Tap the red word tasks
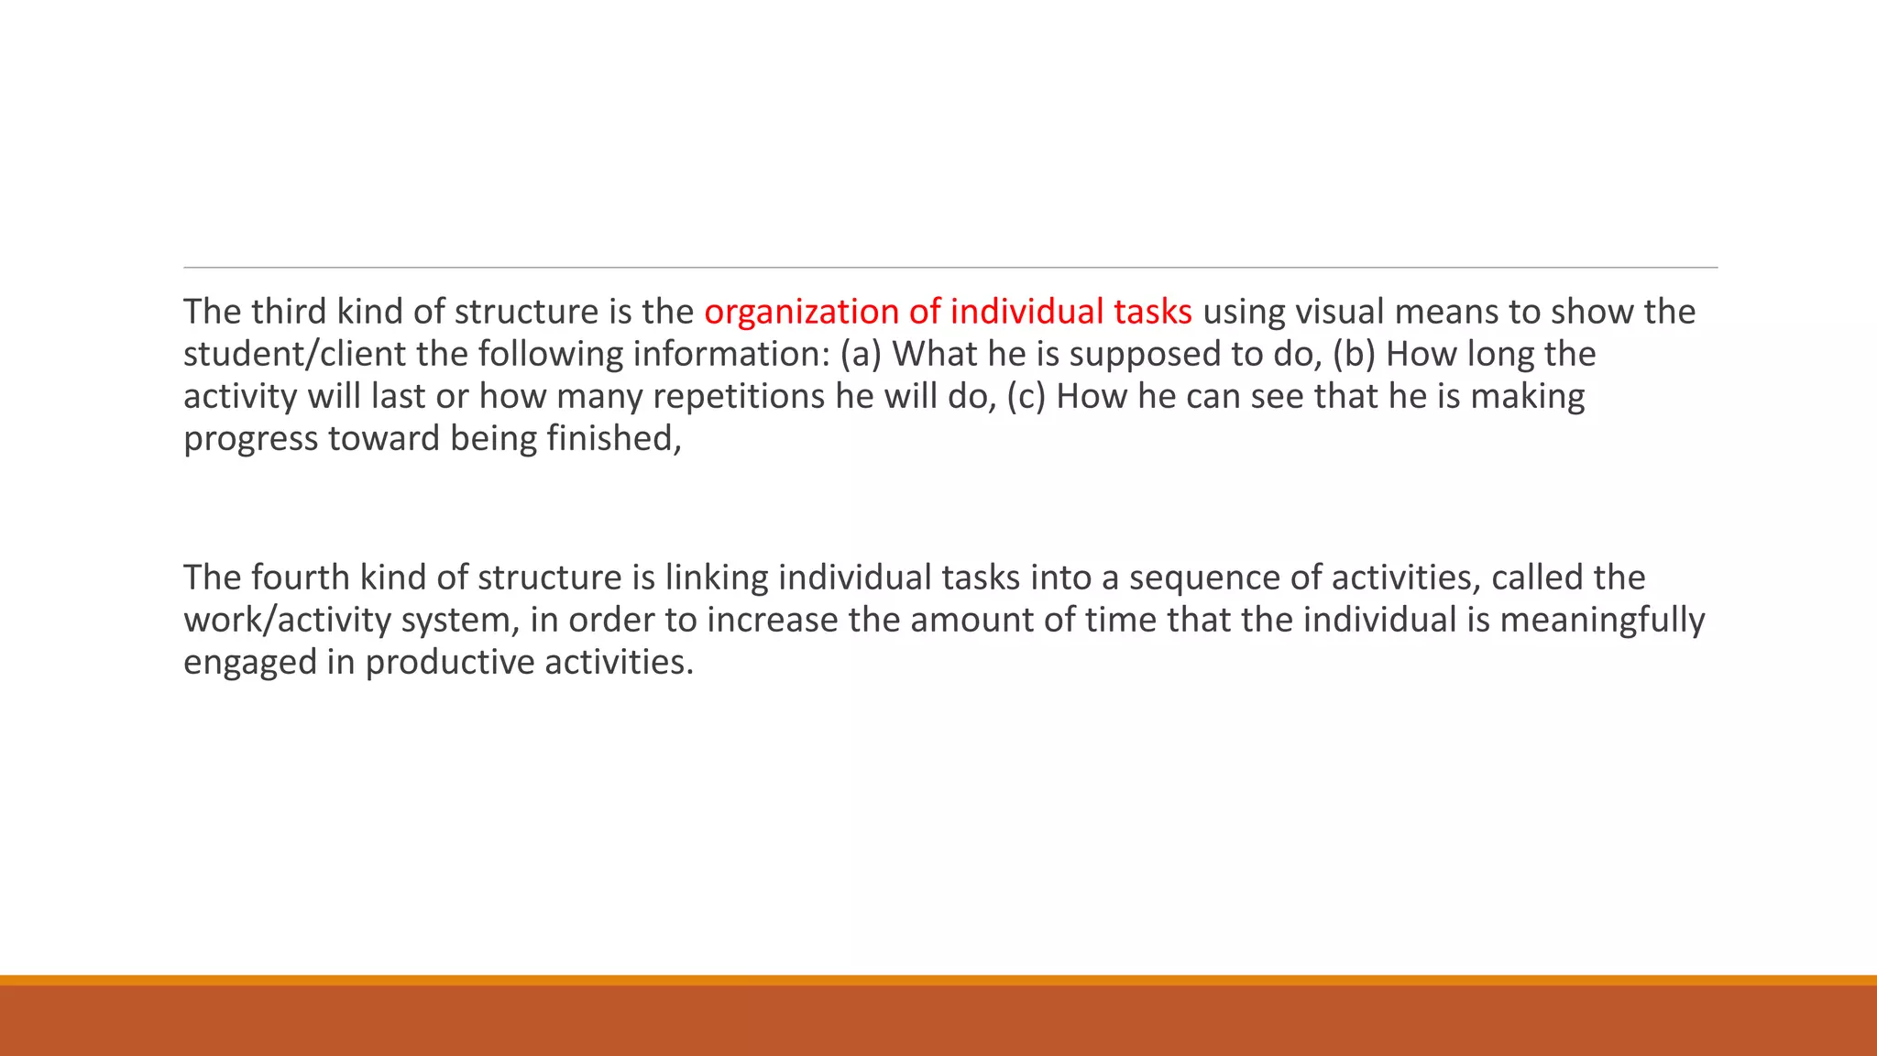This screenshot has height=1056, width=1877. click(x=1152, y=313)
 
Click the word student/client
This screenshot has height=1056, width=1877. click(x=294, y=355)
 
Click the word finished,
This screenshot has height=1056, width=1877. click(x=614, y=439)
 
